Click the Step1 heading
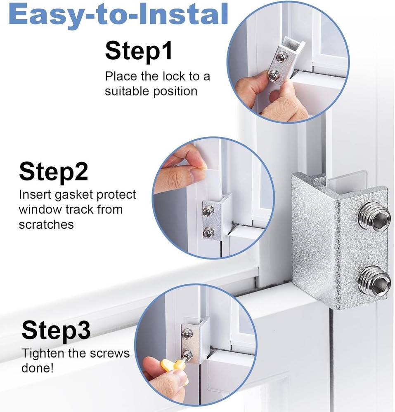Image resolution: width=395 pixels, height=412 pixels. point(139,51)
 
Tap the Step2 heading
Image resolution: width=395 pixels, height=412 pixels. point(53,172)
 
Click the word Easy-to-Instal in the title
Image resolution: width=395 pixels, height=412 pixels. point(118,14)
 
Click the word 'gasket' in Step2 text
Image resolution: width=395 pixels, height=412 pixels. point(76,194)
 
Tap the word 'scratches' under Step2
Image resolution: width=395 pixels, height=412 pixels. point(46,224)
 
